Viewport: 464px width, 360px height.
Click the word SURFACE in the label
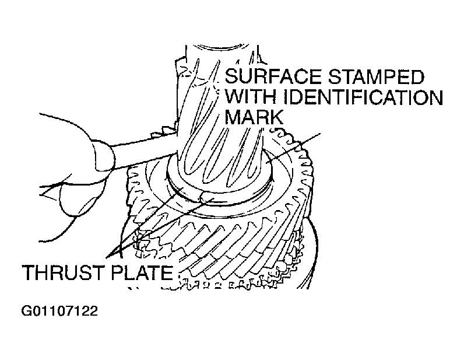click(271, 76)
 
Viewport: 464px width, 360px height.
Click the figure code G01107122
click(59, 310)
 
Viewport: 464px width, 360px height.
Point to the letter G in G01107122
click(26, 310)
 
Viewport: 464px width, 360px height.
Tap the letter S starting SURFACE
click(231, 76)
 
